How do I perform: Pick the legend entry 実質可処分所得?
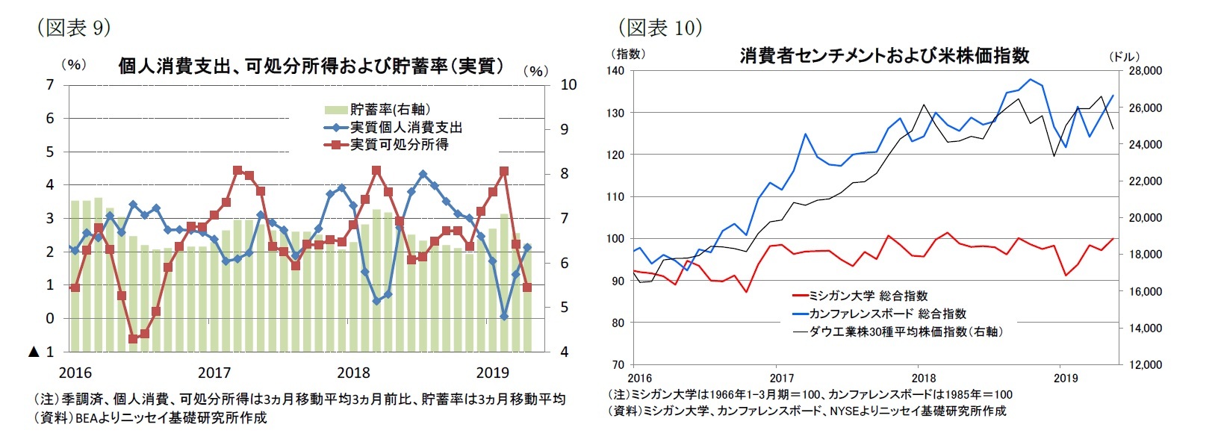click(399, 145)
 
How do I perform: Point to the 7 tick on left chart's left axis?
click(50, 84)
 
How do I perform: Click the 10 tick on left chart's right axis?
click(568, 84)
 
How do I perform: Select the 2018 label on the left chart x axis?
click(353, 373)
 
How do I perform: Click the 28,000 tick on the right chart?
click(1146, 71)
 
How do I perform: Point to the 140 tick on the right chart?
click(615, 71)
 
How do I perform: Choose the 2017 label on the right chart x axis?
click(781, 378)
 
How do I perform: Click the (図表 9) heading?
click(73, 28)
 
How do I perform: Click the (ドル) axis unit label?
click(1124, 57)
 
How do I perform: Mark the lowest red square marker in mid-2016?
click(133, 339)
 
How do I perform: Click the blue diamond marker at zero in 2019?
click(504, 317)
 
